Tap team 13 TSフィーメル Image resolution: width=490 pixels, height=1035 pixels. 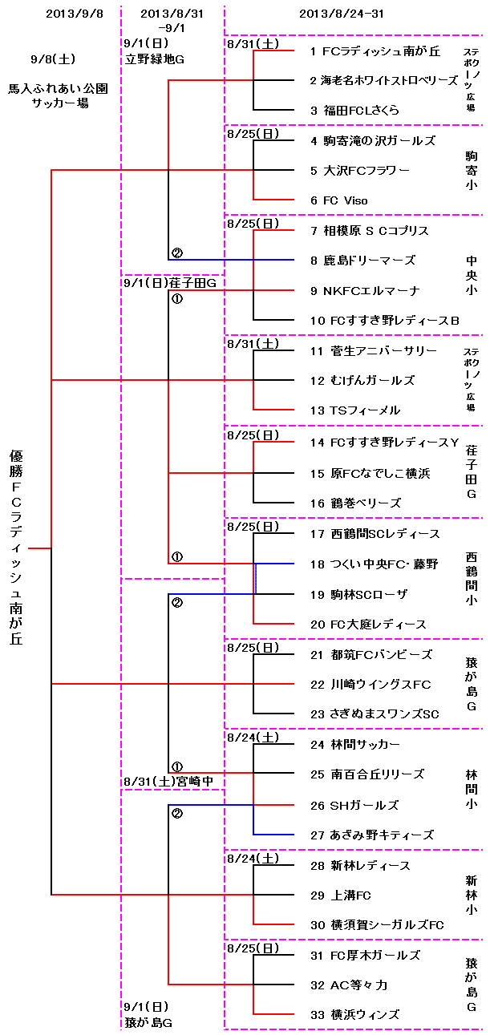click(354, 410)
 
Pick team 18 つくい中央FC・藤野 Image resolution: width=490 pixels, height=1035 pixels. click(374, 564)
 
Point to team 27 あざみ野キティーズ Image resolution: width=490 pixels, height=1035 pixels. click(371, 835)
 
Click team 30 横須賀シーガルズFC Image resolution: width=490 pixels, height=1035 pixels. click(376, 925)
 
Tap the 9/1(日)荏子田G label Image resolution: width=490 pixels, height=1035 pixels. click(171, 282)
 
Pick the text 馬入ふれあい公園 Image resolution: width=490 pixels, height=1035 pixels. click(58, 88)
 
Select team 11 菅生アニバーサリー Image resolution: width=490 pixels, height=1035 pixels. click(373, 351)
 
